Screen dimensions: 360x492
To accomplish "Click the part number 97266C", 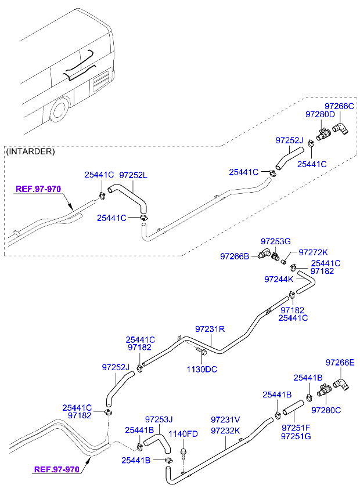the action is pos(339,106).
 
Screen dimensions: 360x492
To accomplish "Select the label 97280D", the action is pos(320,114).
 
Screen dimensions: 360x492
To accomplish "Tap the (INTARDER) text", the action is pos(30,151).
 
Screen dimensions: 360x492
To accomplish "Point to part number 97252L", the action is pos(133,175).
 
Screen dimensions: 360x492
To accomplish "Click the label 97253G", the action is pos(275,241).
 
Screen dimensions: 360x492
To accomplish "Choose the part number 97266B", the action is pos(235,256).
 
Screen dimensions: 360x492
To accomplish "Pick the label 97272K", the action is pos(313,252).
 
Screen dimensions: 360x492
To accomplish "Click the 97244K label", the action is pos(279,279).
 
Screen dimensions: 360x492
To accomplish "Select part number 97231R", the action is pos(210,329).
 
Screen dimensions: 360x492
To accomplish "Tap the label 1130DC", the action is pos(202,370).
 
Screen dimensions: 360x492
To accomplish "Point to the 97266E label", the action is pos(340,363).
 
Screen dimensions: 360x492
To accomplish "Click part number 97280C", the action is pos(326,410).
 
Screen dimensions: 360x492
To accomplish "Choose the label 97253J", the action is pos(159,419).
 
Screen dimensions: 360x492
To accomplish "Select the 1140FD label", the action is pos(183,434).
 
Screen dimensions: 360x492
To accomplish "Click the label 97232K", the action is pos(225,431).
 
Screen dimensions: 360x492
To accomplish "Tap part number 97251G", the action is pos(296,436).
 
